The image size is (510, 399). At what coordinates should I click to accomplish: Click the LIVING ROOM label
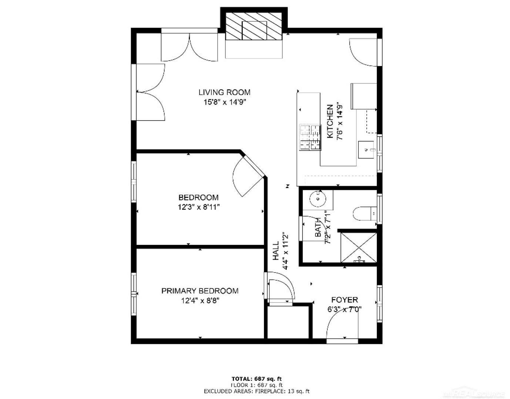pos(224,92)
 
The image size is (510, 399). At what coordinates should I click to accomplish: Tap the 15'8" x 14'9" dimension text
pos(225,102)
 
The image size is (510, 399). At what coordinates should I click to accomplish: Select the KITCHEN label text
pos(330,121)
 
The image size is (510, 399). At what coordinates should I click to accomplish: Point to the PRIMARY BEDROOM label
pos(200,291)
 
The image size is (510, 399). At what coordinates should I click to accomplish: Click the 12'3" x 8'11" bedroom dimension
pos(198,207)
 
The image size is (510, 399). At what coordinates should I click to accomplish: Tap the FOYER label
pos(345,300)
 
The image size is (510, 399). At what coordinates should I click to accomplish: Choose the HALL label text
pos(276,251)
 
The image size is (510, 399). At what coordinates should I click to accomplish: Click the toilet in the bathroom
pos(365,214)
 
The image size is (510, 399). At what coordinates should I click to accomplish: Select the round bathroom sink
pos(318,199)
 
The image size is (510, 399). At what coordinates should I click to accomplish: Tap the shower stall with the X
pos(359,248)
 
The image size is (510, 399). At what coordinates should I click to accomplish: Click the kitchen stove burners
pos(310,137)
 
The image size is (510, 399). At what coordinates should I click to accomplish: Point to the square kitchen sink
pos(366,150)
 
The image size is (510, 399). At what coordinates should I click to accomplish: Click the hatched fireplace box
pos(254,26)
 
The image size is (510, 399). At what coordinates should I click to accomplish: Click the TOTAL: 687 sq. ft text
pos(256,379)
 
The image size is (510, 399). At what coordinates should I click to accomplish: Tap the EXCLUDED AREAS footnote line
pos(256,391)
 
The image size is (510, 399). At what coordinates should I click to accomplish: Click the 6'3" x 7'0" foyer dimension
pos(344,310)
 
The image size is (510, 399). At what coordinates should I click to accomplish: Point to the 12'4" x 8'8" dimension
pos(200,301)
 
